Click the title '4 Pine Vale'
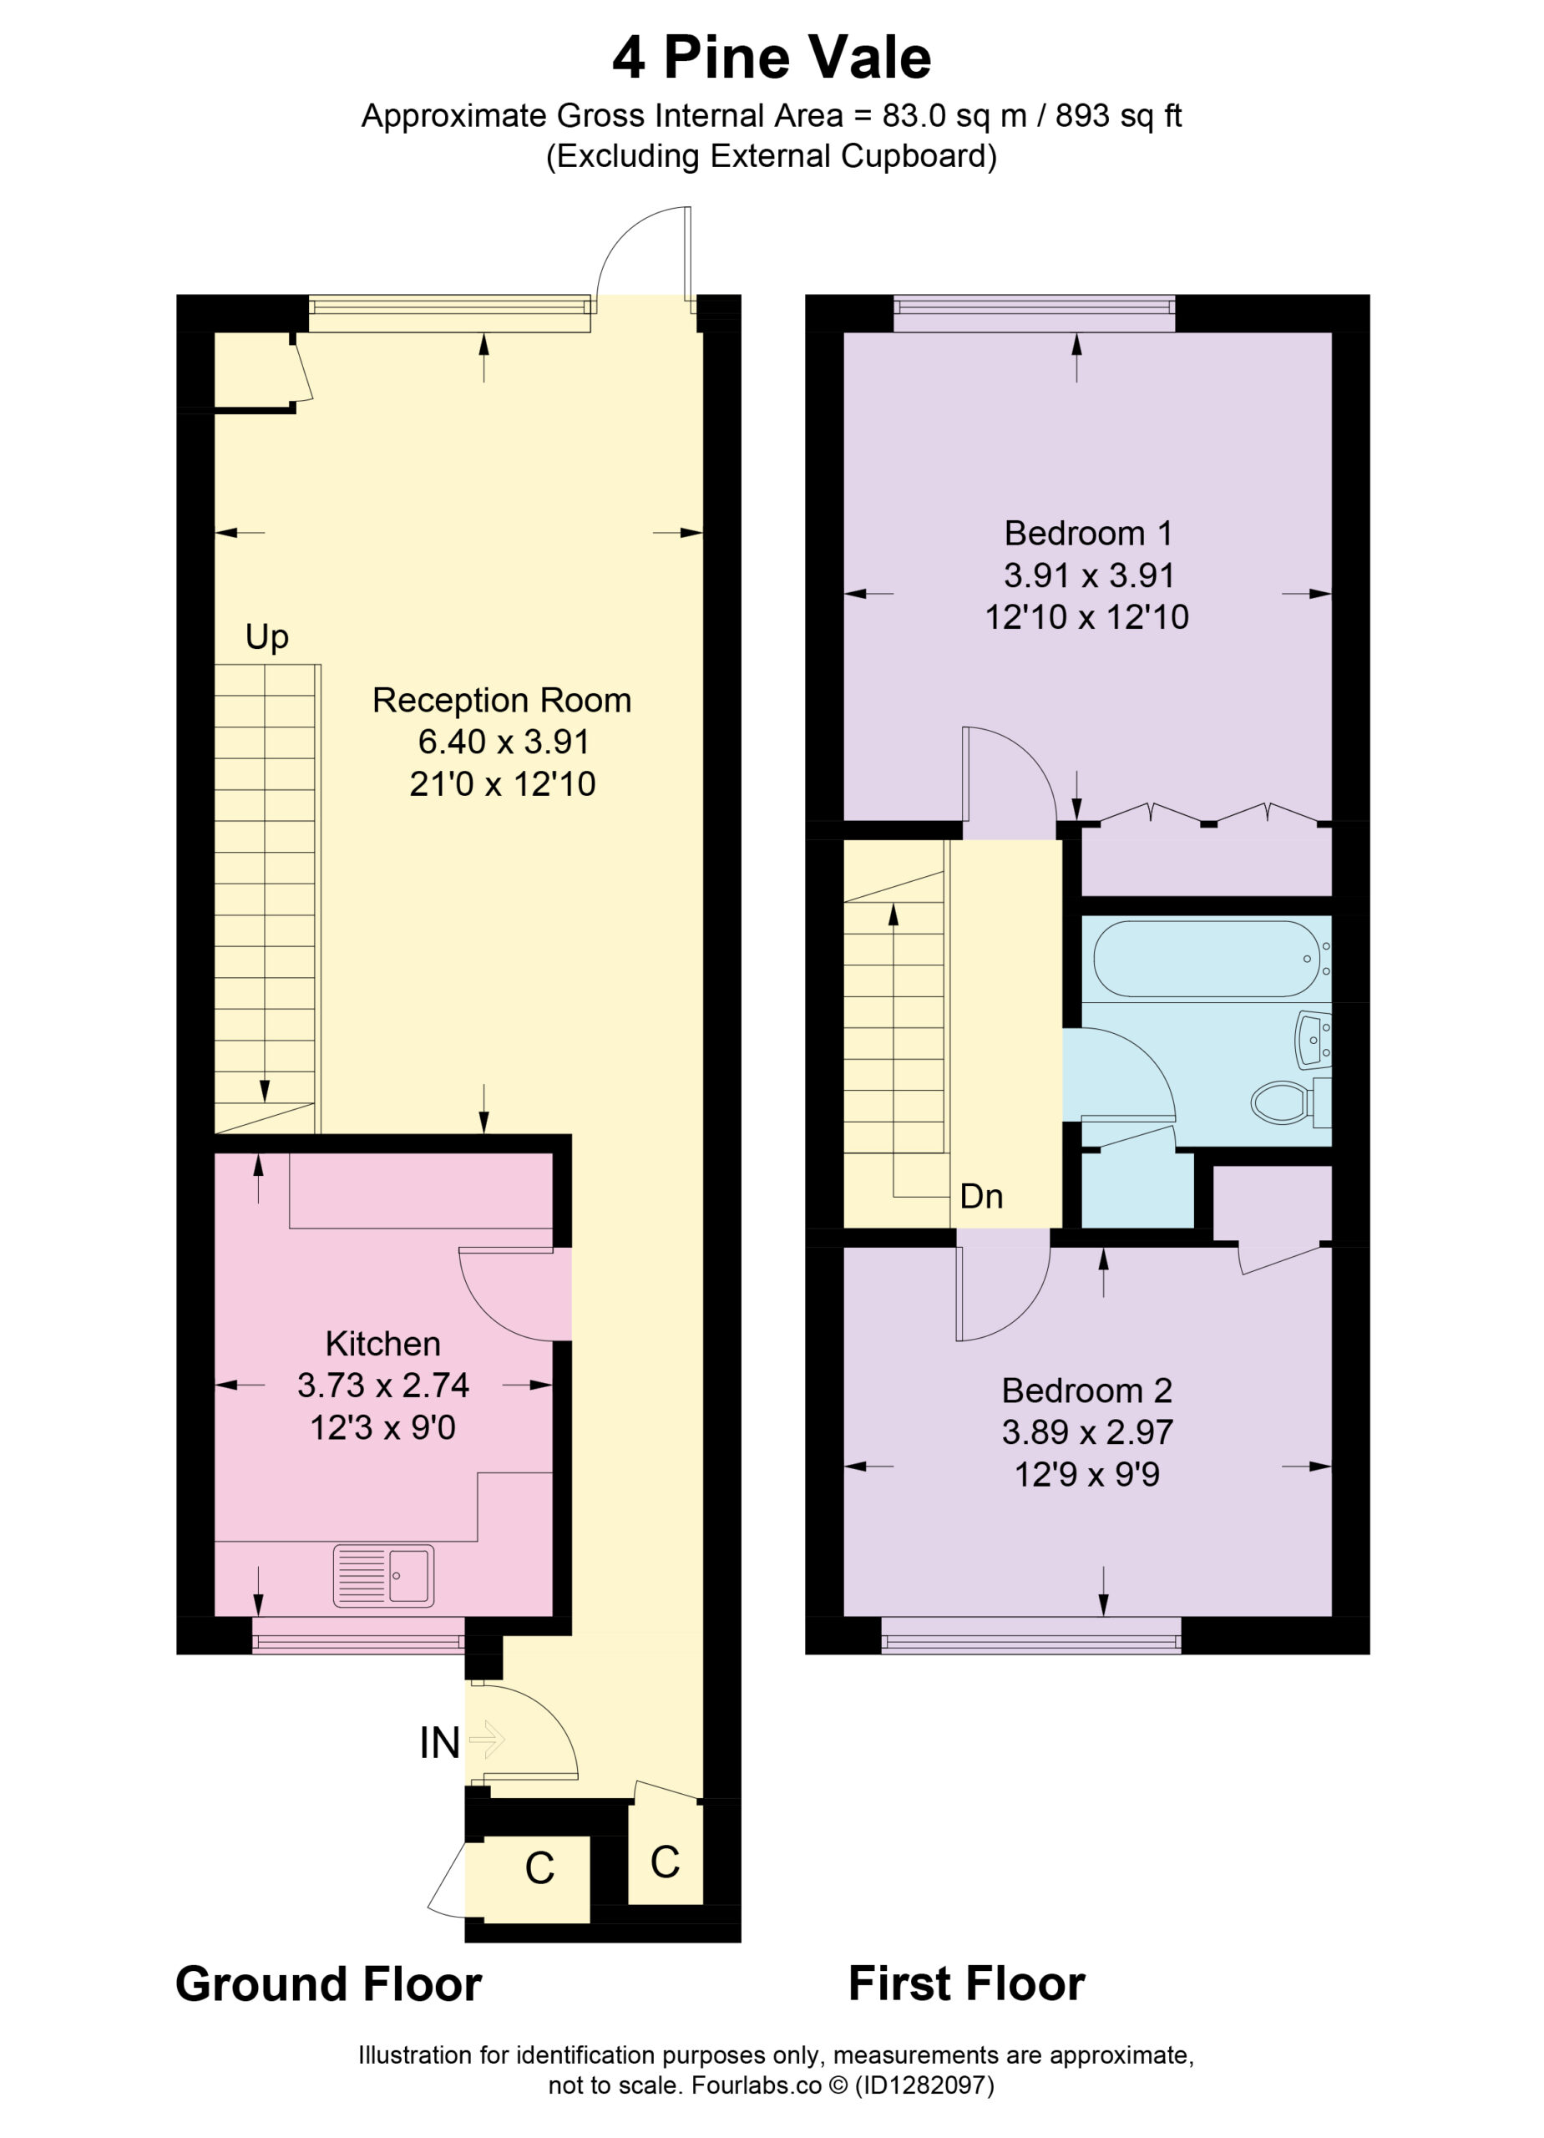pos(771,58)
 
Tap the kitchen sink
pos(383,1575)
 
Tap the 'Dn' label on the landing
pos(980,1196)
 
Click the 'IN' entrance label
pos(439,1743)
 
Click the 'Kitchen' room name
pos(382,1343)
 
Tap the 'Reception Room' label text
pos(502,701)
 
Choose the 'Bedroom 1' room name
pos(1088,534)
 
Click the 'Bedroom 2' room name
pos(1087,1391)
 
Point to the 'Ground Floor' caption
pos(328,1984)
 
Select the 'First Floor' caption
pos(966,1983)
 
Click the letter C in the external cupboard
pos(539,1868)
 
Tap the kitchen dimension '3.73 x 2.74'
pos(382,1385)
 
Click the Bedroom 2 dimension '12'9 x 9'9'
pos(1087,1473)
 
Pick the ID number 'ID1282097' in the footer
pos(924,2085)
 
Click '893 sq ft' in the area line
pos(1118,116)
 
